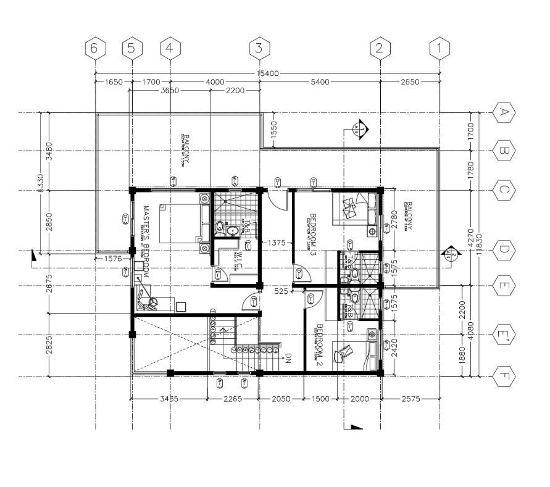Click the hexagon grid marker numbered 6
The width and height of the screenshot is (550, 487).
[94, 48]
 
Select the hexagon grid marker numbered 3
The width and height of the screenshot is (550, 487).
[259, 48]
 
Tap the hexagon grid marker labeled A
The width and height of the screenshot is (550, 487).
[504, 112]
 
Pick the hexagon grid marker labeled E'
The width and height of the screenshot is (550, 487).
[504, 335]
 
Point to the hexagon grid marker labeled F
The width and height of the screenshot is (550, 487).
[504, 376]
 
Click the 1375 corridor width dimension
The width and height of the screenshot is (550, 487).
[275, 243]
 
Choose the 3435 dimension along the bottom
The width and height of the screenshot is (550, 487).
[169, 399]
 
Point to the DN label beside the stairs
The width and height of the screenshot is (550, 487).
[288, 358]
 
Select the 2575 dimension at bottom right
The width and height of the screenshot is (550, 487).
[410, 399]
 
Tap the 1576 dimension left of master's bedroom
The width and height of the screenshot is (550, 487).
[113, 259]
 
